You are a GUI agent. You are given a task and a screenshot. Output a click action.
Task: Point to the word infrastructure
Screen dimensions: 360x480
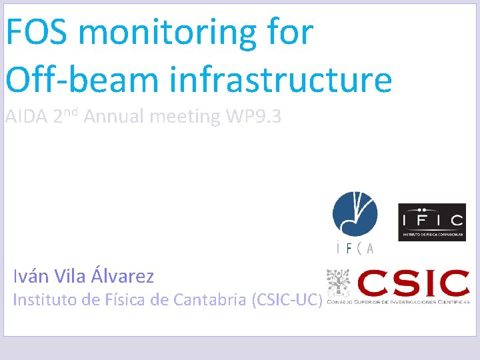[280, 80]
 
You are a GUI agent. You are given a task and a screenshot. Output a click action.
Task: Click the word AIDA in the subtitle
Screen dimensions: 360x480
[26, 118]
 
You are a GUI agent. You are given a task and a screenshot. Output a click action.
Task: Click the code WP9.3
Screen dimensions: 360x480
[253, 118]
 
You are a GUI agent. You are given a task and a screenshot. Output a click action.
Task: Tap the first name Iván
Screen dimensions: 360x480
[31, 276]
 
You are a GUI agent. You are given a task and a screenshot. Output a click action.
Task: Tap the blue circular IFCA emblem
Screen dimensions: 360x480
[355, 215]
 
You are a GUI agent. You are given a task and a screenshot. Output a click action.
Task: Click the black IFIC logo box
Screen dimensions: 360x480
[431, 222]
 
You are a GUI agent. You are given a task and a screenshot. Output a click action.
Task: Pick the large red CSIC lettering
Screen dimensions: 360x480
[413, 283]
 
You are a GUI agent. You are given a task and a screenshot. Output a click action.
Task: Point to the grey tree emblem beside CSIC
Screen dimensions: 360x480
[338, 283]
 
